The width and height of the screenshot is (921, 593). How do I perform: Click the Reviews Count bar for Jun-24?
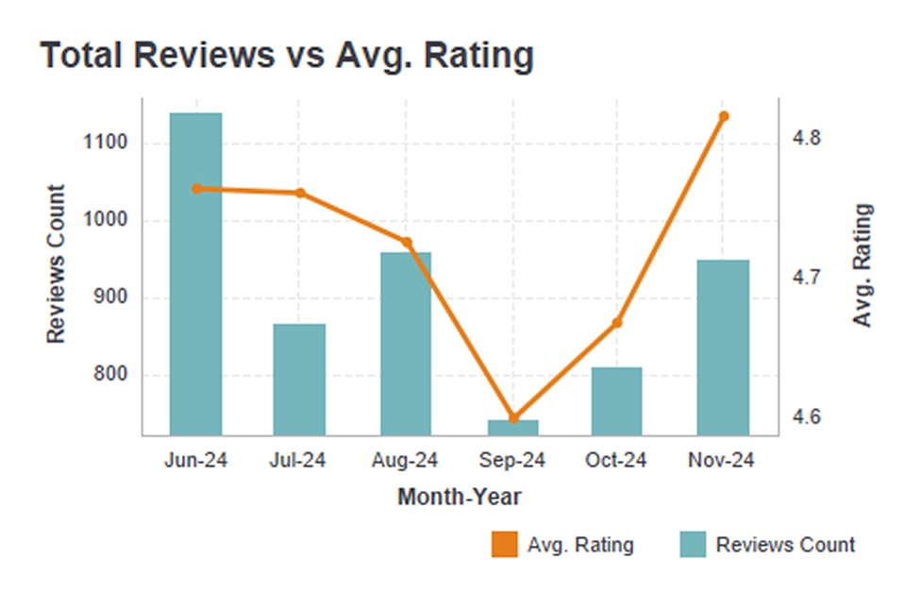[196, 274]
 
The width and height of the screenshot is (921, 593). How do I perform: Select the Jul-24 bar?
[299, 379]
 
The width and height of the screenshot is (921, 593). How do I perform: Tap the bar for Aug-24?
[406, 344]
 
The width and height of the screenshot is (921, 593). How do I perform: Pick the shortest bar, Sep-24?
[513, 427]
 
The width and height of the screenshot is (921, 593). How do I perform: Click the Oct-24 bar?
[617, 400]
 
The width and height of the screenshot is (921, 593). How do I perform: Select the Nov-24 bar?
[723, 347]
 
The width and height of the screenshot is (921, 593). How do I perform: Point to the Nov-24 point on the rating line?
[724, 117]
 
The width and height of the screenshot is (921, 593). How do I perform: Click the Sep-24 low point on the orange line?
[513, 417]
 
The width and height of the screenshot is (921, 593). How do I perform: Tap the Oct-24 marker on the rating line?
[617, 323]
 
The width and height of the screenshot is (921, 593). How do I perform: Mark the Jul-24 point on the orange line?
[300, 193]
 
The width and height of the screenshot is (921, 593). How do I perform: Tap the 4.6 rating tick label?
[807, 417]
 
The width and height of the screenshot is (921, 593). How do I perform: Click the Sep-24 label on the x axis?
[513, 461]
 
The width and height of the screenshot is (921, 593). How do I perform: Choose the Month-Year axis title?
[460, 497]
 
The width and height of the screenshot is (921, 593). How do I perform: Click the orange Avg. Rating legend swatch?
[505, 545]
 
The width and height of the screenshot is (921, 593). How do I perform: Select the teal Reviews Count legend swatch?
[693, 545]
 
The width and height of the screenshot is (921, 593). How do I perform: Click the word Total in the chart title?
[83, 56]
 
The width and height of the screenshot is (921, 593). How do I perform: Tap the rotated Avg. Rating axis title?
[862, 266]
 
